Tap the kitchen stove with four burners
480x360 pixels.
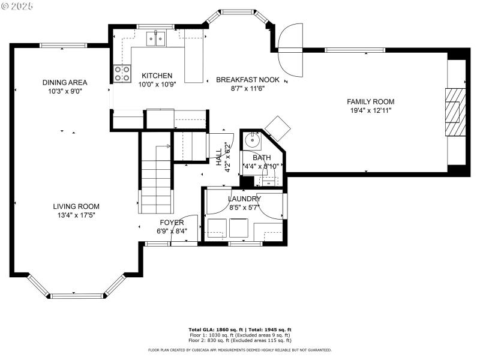[122, 74]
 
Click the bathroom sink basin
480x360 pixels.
[252, 142]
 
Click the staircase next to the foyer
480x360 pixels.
[155, 180]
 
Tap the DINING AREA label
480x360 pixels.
[65, 82]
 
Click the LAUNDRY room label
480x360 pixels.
[244, 199]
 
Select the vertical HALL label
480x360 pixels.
[219, 157]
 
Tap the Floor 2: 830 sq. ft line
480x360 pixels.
[239, 340]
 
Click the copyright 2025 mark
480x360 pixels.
[17, 5]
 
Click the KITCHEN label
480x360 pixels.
[157, 76]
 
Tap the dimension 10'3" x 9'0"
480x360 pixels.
[65, 92]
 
